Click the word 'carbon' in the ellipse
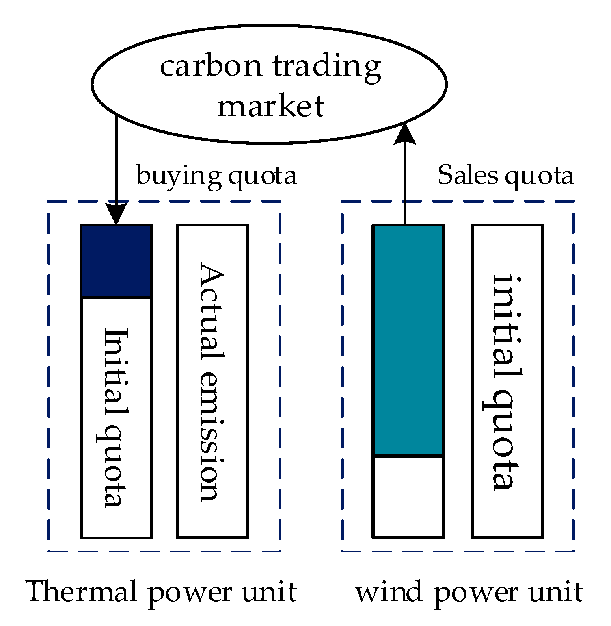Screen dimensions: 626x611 pos(211,66)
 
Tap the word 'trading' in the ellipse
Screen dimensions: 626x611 pos(327,66)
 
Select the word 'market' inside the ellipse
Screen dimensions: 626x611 pos(271,106)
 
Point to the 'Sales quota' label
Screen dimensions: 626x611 pos(505,175)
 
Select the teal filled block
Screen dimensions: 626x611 pos(408,340)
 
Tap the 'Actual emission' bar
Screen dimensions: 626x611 pos(212,381)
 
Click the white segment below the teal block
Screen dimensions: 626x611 pos(408,496)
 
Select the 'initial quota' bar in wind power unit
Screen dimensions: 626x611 pos(507,381)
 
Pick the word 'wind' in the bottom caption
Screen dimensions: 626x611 pos(389,592)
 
